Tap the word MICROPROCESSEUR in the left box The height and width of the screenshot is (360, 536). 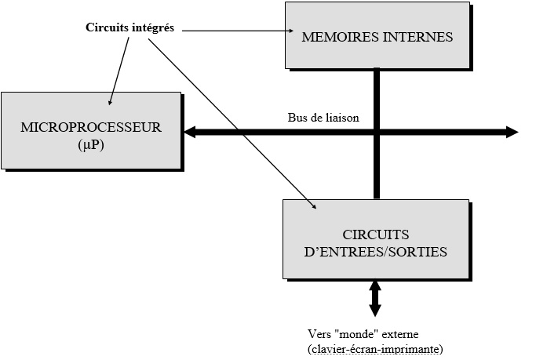[92, 127]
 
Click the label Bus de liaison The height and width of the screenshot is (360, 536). [323, 118]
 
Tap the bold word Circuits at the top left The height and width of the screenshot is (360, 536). [108, 28]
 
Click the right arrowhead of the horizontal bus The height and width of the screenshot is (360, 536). [512, 132]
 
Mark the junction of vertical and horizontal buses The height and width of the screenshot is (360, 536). [377, 132]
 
